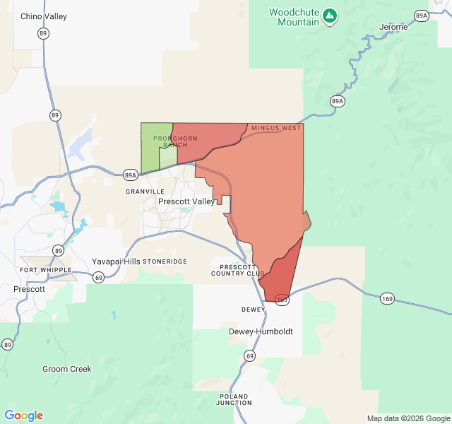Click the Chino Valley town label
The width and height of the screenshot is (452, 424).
44,16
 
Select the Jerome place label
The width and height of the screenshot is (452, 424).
393,27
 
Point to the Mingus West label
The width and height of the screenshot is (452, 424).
276,128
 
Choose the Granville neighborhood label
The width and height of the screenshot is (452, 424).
145,192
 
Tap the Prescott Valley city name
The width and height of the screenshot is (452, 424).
186,201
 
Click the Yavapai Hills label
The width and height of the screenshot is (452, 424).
115,261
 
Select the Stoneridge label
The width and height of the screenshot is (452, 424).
165,261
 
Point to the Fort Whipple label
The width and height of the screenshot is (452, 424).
46,270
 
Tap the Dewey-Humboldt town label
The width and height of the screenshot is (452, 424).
261,331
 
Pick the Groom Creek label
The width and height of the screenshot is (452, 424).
67,369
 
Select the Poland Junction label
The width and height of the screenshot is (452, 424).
234,399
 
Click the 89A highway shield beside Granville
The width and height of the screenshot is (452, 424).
131,175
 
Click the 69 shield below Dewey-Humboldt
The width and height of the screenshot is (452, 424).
250,355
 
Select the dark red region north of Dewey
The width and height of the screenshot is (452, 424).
280,272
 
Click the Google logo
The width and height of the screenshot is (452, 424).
23,416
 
